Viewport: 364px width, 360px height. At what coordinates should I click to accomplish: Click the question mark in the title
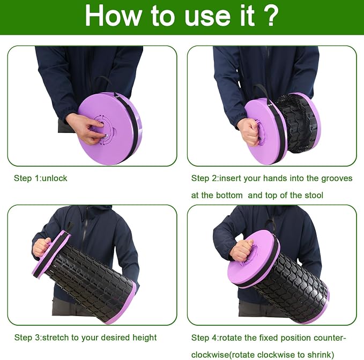coord(270,16)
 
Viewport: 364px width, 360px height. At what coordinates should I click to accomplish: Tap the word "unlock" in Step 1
coord(55,178)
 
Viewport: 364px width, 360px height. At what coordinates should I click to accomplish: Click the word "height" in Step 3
coord(144,337)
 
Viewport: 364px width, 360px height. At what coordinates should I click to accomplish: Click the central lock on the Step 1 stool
coord(103,129)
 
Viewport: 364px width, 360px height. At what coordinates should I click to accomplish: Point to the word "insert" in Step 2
coord(228,178)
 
